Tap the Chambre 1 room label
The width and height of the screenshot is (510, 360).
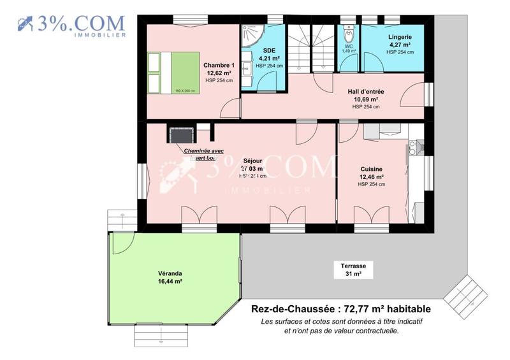pos(219,66)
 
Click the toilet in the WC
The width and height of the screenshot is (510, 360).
pos(348,34)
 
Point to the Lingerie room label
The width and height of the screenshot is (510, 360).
pos(400,37)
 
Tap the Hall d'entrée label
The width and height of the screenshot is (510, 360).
pos(366,92)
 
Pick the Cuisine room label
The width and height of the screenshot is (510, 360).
pos(371,169)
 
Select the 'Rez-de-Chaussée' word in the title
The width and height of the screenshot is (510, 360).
pos(284,310)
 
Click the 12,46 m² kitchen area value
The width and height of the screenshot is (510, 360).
pos(371,176)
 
